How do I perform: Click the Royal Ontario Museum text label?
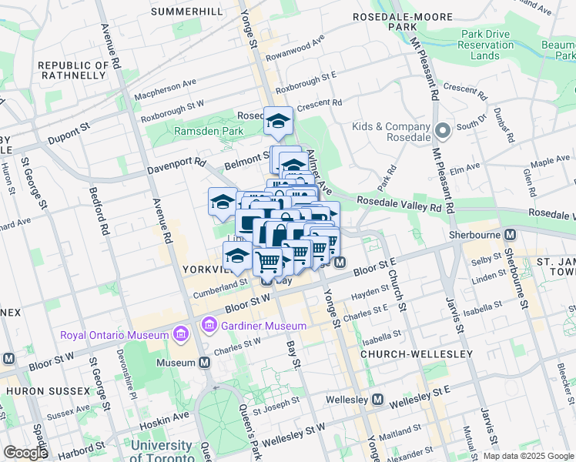coord(114,335)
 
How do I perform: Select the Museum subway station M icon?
coord(205,362)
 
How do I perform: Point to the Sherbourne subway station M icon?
coord(510,234)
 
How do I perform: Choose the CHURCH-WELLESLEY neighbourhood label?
coord(416,353)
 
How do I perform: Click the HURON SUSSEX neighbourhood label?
coord(47,391)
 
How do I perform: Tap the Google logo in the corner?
coord(25,453)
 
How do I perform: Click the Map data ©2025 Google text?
coord(528,456)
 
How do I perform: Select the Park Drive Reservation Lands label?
coord(485,45)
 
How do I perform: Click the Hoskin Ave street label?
coord(164,417)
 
